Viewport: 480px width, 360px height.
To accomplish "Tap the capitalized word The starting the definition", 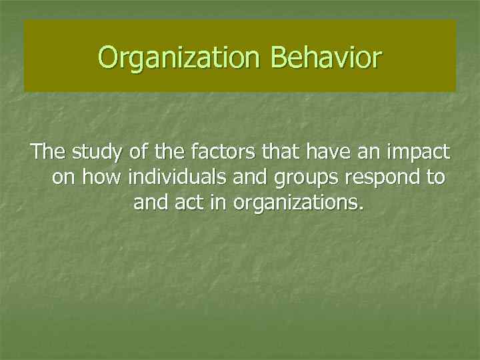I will coord(49,152).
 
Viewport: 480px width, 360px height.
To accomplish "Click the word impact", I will coord(420,153).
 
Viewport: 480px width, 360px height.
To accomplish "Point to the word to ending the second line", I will coord(437,177).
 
